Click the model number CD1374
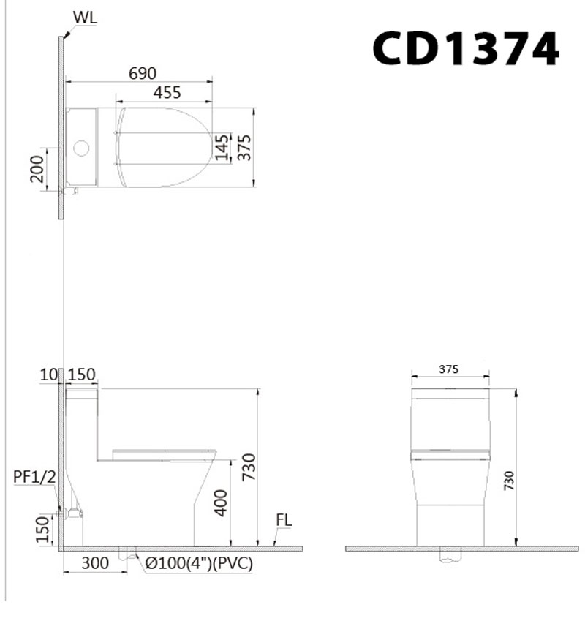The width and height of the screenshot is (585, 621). [466, 48]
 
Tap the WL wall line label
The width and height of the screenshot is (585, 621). [85, 16]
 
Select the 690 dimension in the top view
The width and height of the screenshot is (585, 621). [143, 74]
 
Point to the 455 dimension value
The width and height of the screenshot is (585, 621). [167, 92]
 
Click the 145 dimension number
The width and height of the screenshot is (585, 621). [222, 148]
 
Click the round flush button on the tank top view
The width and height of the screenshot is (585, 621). [81, 149]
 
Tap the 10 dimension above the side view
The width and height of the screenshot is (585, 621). [49, 375]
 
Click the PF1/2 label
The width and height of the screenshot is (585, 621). [34, 477]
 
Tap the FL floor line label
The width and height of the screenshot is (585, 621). [284, 520]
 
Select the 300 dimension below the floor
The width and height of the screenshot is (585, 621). [95, 562]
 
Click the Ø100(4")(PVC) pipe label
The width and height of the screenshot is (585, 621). [198, 562]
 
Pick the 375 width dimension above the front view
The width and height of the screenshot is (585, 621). [449, 369]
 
